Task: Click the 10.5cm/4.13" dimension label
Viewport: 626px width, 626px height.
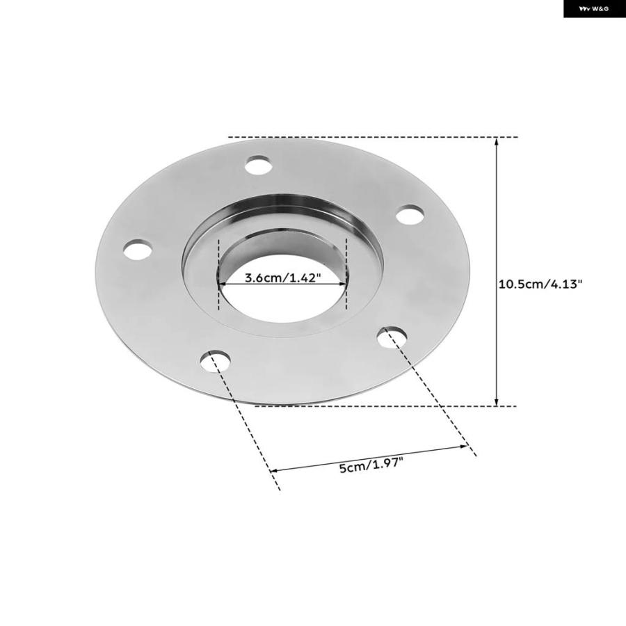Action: [540, 284]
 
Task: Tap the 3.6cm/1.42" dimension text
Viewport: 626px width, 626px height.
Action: [282, 278]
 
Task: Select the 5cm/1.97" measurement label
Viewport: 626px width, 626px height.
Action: [371, 465]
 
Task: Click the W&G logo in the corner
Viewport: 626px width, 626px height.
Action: [595, 9]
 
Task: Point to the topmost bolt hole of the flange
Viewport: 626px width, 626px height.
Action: [258, 165]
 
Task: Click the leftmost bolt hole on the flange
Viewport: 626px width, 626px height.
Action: [138, 250]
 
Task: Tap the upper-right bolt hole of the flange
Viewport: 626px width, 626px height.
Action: [410, 214]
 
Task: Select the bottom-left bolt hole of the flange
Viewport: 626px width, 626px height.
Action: [216, 361]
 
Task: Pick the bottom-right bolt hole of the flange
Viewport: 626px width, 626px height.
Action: [392, 337]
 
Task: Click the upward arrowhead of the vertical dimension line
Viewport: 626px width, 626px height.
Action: [496, 141]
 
